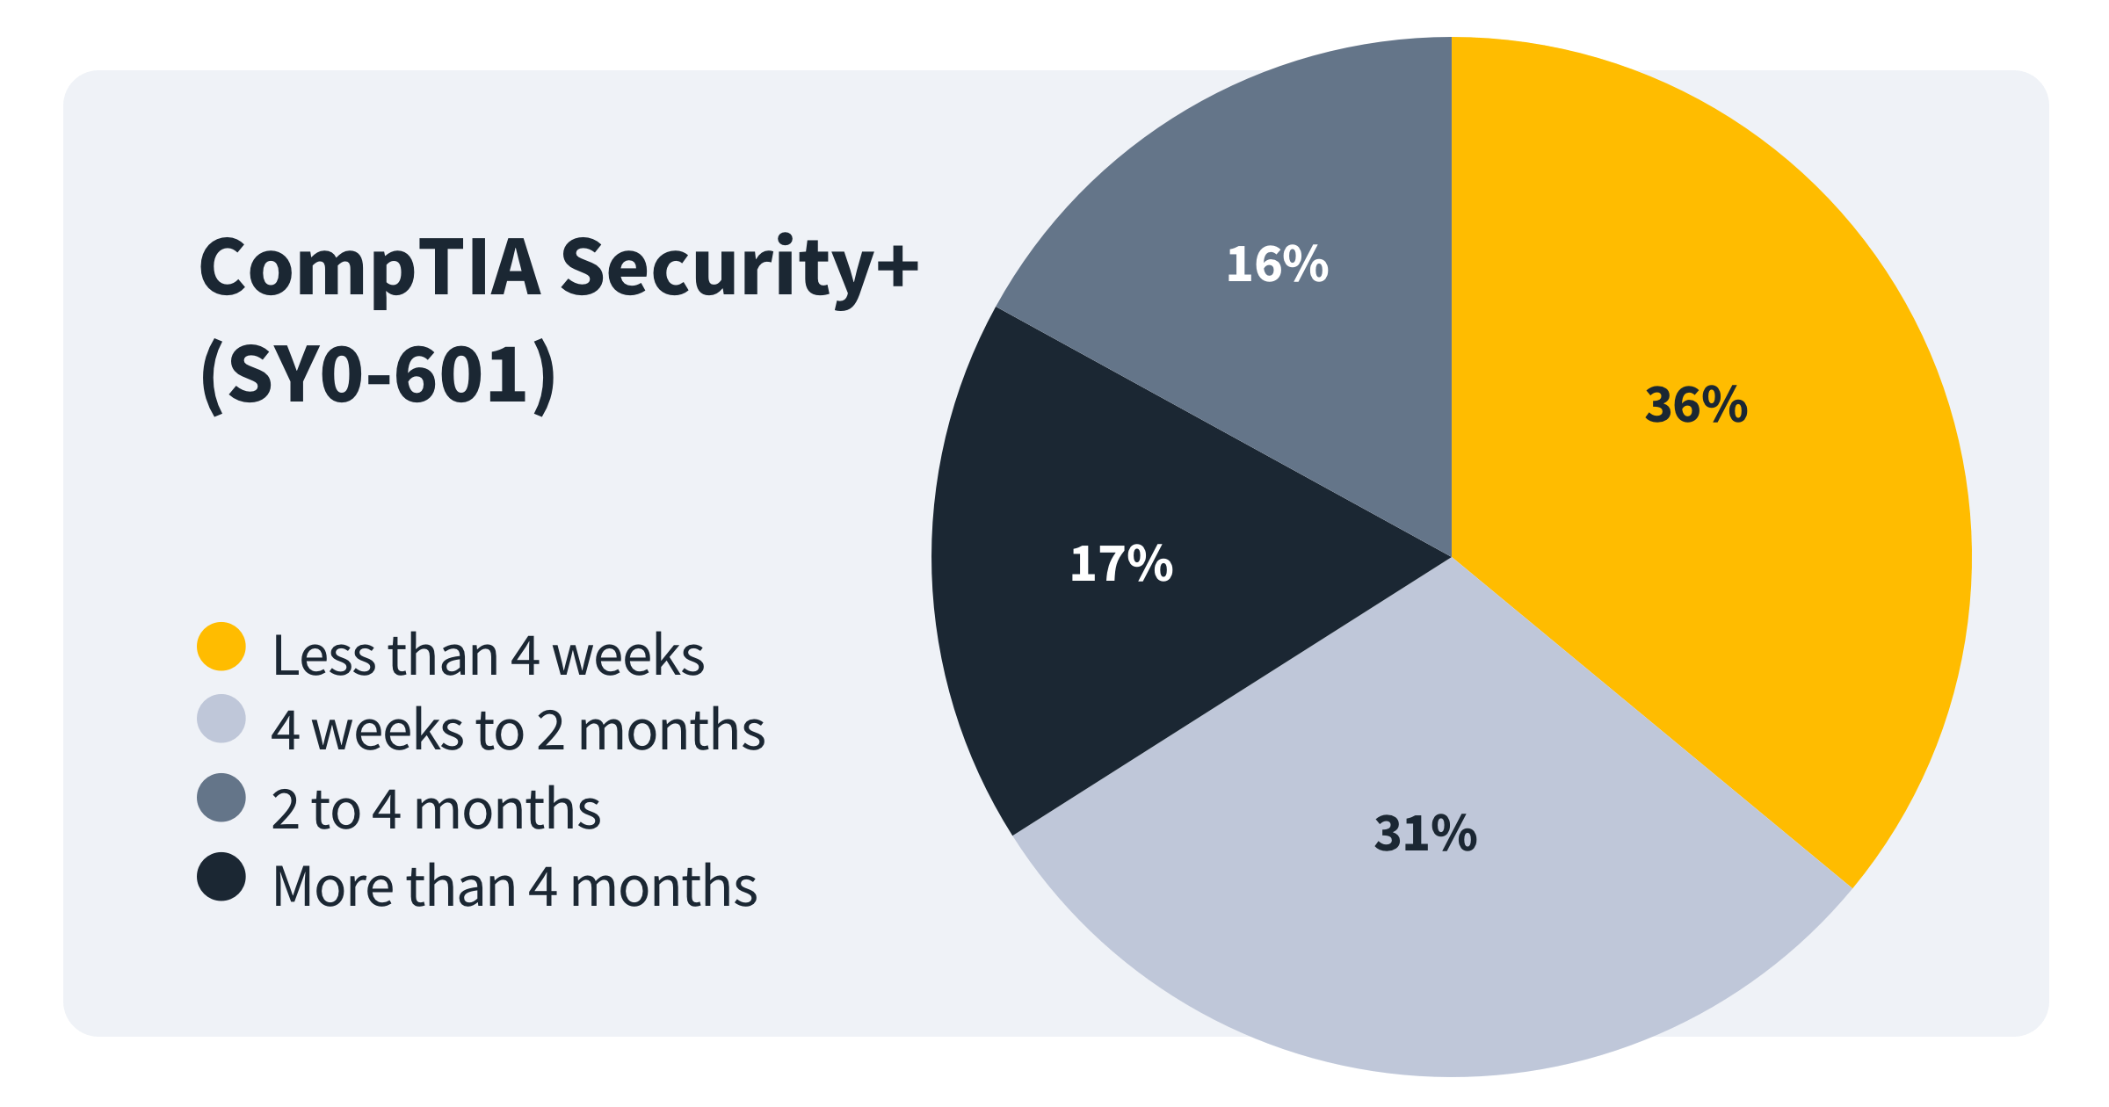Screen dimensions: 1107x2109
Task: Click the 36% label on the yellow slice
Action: (x=1696, y=405)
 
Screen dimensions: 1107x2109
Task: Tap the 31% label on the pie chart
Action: (x=1425, y=833)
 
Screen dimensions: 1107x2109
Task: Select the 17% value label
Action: (x=1121, y=563)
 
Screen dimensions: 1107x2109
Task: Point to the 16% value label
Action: (x=1277, y=264)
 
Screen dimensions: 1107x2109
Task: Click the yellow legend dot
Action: (x=221, y=647)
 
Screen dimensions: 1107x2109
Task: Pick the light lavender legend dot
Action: (x=221, y=719)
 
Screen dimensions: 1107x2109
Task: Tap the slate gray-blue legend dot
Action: (x=221, y=798)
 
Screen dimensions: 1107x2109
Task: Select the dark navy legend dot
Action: (x=221, y=877)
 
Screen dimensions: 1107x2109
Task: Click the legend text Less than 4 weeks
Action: (x=488, y=655)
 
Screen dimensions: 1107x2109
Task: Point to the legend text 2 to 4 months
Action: (x=436, y=809)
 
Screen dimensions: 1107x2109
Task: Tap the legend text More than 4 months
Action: (x=515, y=886)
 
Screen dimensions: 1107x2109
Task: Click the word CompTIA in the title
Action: (x=369, y=268)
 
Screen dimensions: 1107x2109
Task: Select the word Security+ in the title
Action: (x=738, y=268)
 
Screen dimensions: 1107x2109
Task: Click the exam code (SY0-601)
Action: (x=378, y=376)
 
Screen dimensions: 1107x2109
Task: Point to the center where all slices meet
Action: (x=1451, y=557)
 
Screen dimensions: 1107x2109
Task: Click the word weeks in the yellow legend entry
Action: (x=627, y=655)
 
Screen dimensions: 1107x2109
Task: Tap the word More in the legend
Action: (x=332, y=886)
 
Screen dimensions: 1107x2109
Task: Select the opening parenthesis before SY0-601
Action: (x=211, y=378)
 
